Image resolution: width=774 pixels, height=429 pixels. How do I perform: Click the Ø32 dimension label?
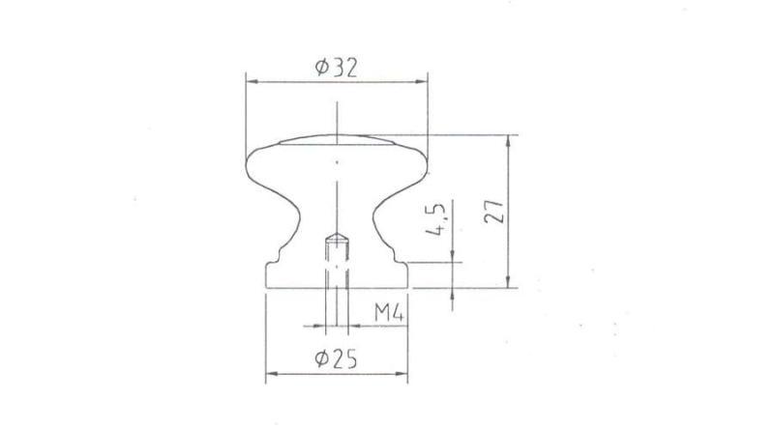tap(336, 68)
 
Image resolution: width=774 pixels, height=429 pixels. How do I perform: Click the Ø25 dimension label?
tap(336, 358)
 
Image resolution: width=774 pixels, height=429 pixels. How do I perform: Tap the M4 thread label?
tap(389, 313)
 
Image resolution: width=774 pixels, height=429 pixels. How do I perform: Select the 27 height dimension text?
tap(493, 212)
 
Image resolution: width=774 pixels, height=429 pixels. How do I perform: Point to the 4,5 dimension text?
tap(435, 218)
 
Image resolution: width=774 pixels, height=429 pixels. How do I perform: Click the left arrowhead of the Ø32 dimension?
tap(252, 82)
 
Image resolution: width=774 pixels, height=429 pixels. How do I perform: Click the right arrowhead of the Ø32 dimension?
tap(421, 82)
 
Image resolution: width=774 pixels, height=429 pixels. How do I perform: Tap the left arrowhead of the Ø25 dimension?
tap(272, 374)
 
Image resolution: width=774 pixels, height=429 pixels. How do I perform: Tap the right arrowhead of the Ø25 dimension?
tap(402, 374)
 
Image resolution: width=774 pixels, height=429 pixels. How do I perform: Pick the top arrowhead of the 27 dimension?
tap(508, 141)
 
